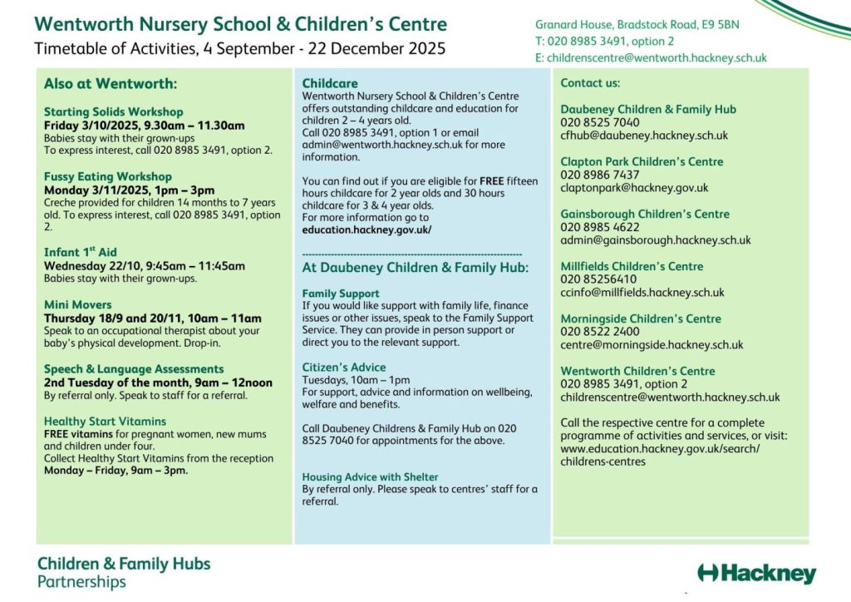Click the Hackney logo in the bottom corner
coord(757,573)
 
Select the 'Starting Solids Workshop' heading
coord(113,111)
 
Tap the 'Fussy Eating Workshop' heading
coord(108,176)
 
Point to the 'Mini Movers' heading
coord(78,304)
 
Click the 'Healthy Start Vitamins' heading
coord(105,421)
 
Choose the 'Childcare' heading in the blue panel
coord(330,83)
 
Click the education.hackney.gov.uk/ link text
coord(366,229)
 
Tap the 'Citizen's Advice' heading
coord(344,367)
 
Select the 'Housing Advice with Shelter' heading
coord(370,476)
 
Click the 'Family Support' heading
coord(341,294)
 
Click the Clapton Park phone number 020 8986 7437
coord(600,175)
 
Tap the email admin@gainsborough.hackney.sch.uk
coord(655,240)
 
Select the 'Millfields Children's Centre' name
coord(632,266)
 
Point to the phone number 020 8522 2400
coord(600,331)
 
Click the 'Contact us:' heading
coord(590,83)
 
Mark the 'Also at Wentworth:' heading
coord(111,84)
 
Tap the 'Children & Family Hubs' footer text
coord(124,564)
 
